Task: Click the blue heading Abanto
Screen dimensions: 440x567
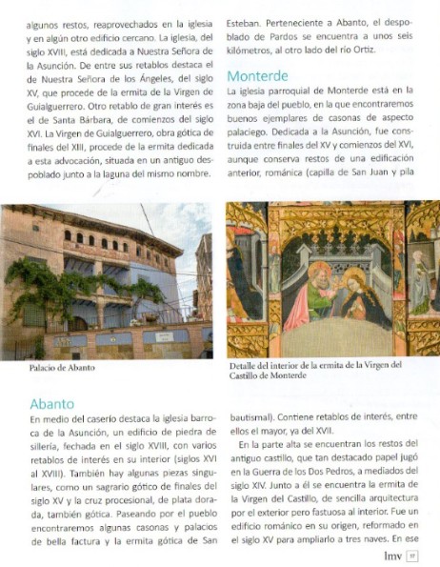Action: (51, 403)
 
